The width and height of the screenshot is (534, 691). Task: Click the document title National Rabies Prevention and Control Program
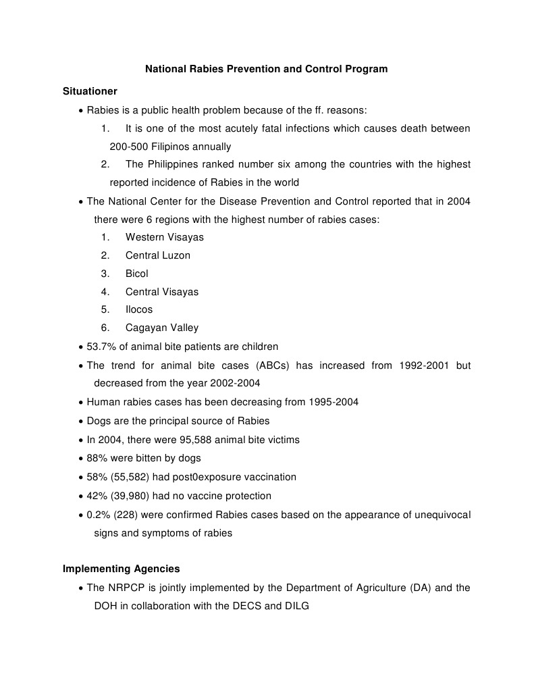coord(267,69)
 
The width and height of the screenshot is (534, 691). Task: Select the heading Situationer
coord(90,91)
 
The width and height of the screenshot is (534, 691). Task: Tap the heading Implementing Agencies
coord(122,569)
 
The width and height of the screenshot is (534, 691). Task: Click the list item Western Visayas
coord(164,237)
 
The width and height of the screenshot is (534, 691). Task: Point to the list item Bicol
coord(136,274)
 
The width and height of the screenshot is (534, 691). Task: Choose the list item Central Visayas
coord(162,292)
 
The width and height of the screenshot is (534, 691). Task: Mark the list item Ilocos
coord(139,309)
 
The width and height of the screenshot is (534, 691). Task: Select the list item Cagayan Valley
coord(162,328)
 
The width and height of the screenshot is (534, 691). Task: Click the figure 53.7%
coord(102,347)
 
